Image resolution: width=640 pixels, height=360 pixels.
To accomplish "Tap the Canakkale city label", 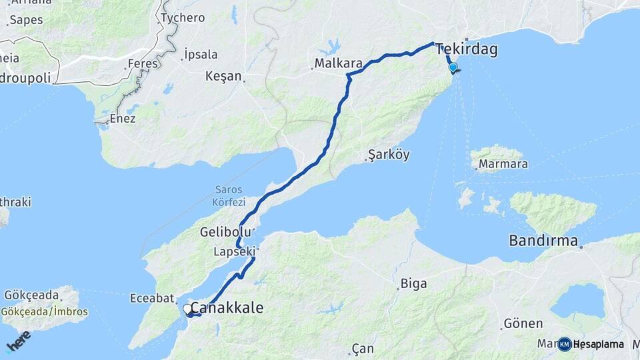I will click(x=227, y=309).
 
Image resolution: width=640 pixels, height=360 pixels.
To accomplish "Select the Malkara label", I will click(x=338, y=64).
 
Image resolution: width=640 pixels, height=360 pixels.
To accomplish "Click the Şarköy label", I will click(x=389, y=155).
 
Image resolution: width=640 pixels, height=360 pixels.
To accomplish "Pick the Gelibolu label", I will click(x=225, y=232).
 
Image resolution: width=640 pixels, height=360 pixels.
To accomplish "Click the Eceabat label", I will click(x=152, y=299).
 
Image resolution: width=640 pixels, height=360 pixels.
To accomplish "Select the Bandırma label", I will click(x=543, y=241).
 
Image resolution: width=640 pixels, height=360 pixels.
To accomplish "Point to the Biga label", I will click(x=413, y=284).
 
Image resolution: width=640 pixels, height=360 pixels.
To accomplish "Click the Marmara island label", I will click(x=502, y=164).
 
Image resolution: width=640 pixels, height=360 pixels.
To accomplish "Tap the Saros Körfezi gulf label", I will click(x=230, y=195).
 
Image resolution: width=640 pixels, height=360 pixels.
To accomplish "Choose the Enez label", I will click(x=121, y=119).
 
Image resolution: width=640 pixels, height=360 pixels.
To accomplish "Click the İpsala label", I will click(x=201, y=54).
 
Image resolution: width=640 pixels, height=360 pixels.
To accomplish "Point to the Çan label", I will click(x=363, y=349).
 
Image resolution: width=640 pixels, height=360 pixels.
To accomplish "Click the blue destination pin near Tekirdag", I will click(x=453, y=67).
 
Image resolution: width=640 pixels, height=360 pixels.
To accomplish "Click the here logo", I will click(x=18, y=340).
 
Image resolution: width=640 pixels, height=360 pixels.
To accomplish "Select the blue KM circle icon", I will click(x=565, y=344).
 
